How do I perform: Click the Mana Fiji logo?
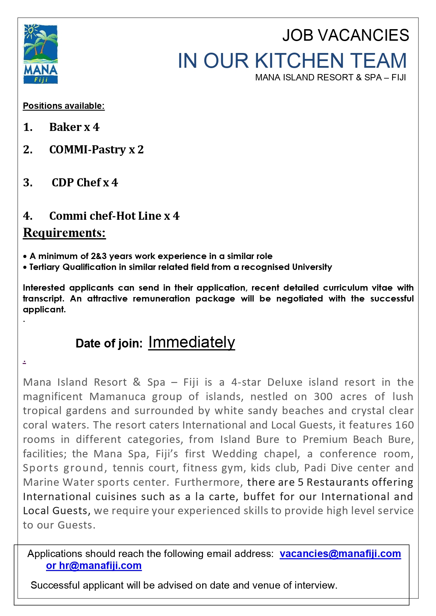coord(40,54)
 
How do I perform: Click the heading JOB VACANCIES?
coord(345,35)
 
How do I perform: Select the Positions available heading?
coord(64,106)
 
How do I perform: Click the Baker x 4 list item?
coord(74,127)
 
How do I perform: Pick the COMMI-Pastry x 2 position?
coord(96,150)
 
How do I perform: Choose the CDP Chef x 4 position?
coord(85,183)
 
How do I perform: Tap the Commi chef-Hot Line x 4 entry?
coord(114,216)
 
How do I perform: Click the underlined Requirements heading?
coord(64,233)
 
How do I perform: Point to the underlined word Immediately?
coord(191,342)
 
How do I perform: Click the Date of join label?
coord(109,343)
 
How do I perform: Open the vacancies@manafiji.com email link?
coord(340,554)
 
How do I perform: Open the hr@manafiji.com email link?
coord(100,565)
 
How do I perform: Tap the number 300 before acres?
coord(323,397)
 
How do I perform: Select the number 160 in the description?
coord(404,425)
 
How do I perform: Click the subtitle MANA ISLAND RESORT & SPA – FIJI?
coord(330,78)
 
